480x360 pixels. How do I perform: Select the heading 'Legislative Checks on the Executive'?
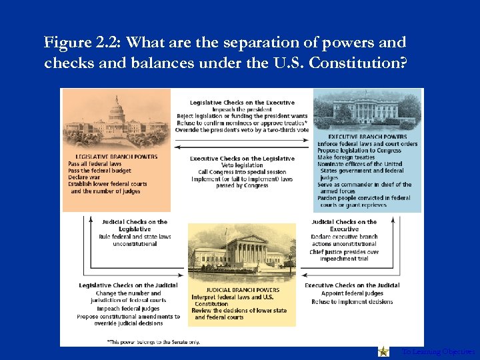(242, 102)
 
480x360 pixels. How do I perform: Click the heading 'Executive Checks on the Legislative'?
(242, 159)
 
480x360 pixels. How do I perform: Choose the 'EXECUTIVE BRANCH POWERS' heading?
(367, 137)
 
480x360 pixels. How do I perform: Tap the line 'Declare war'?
(84, 177)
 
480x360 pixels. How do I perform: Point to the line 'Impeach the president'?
(242, 109)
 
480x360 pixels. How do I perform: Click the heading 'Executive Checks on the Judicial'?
(352, 285)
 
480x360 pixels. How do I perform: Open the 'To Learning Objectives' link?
(438, 351)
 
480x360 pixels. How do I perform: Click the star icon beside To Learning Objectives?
(383, 351)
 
